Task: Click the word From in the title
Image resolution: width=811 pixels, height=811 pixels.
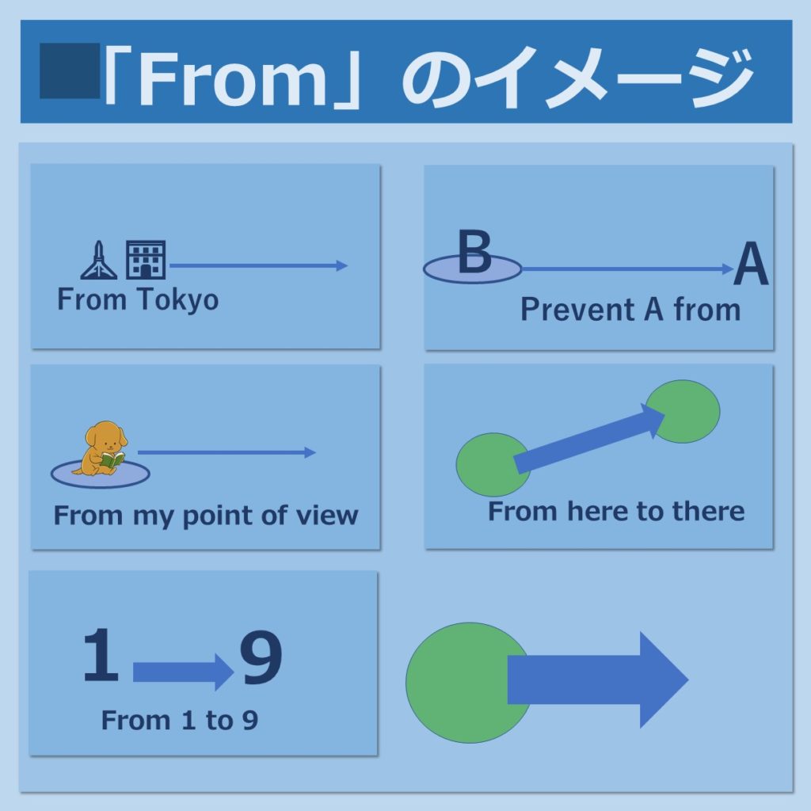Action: tap(234, 78)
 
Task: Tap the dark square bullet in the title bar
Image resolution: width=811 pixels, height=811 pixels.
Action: tap(70, 70)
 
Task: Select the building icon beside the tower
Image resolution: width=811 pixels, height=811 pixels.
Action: tap(146, 260)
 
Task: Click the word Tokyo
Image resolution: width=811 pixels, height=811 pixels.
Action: tap(178, 300)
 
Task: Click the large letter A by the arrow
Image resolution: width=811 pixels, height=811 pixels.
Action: tap(751, 264)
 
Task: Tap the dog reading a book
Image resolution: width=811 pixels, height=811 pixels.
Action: tap(102, 448)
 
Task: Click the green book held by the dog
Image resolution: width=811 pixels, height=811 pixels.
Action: tap(112, 460)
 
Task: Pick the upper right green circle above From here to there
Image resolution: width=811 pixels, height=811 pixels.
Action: tap(683, 411)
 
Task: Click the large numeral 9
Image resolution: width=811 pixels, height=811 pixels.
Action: tap(261, 657)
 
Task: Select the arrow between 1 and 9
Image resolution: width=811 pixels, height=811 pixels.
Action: tap(184, 672)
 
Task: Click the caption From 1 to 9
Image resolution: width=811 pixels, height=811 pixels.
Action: tap(180, 721)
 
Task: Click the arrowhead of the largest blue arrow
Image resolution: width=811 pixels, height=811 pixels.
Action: tap(663, 680)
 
